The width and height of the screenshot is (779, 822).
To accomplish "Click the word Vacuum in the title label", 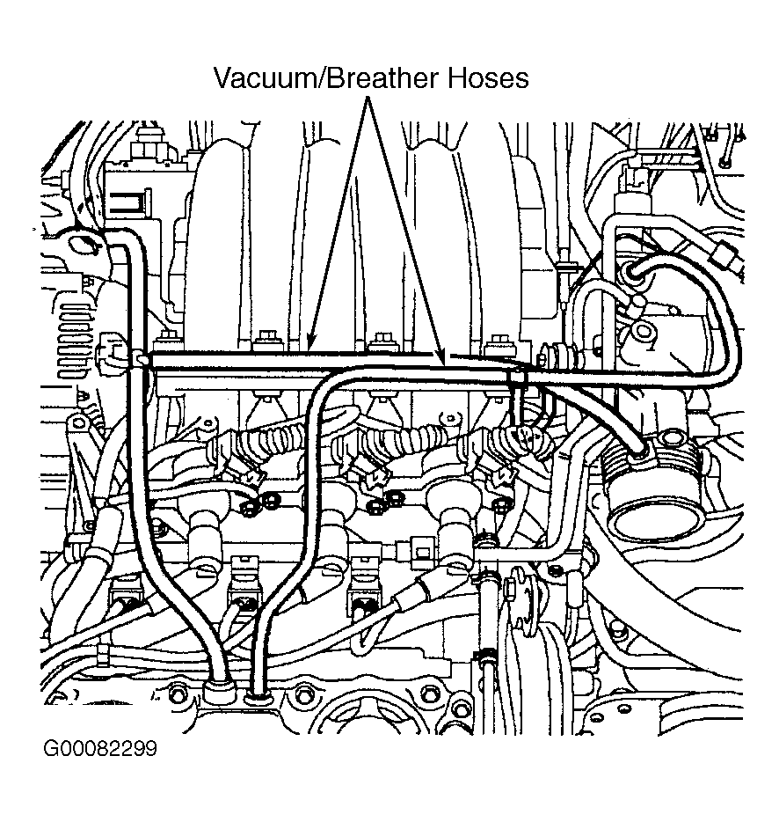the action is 264,78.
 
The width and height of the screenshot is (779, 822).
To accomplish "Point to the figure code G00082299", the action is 100,750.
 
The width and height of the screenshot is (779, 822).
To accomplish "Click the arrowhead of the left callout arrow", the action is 311,346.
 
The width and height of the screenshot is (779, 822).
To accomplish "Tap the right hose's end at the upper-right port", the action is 635,273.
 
